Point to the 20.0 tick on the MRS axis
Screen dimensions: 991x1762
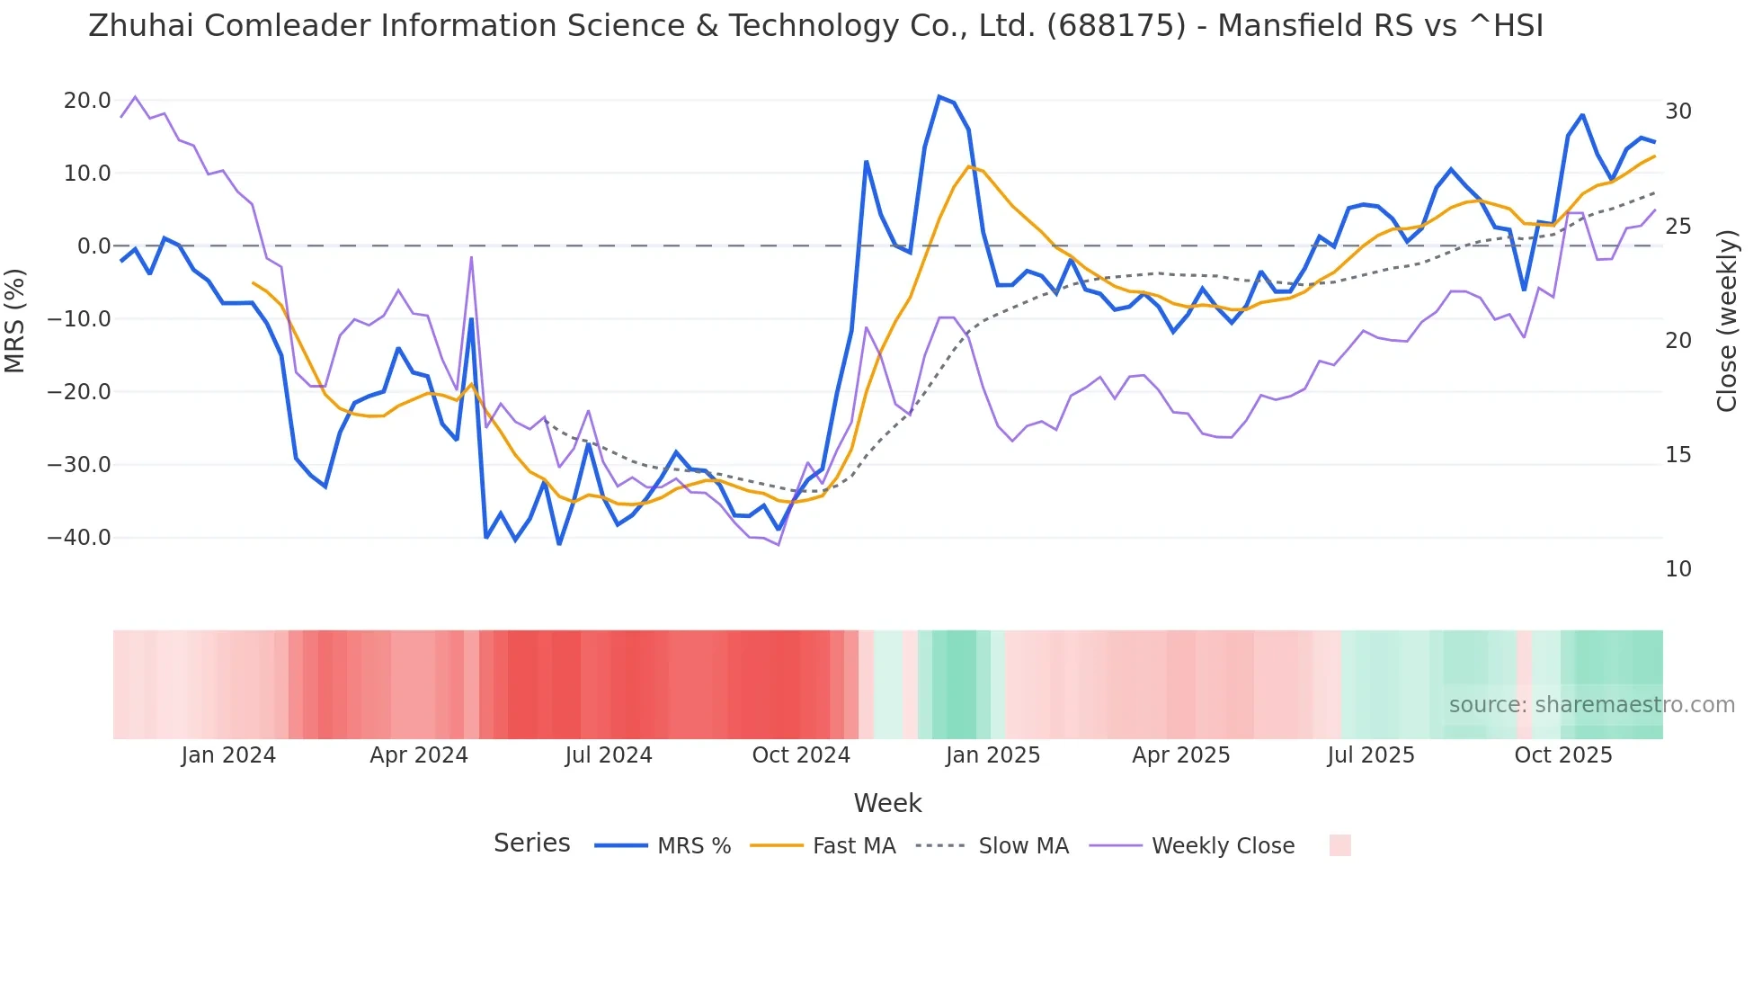(87, 101)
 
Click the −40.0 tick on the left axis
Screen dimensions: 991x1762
(79, 538)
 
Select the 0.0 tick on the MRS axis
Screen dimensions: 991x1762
(93, 246)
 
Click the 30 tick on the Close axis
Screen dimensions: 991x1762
(1677, 112)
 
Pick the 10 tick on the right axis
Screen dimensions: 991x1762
(1677, 569)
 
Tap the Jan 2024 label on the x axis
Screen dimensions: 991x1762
(228, 755)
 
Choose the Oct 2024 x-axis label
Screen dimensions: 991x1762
(801, 755)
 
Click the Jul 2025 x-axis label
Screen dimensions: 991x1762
(1371, 755)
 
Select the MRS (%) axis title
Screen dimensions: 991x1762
(15, 320)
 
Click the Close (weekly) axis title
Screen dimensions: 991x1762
(1727, 321)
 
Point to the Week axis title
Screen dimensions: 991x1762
(887, 803)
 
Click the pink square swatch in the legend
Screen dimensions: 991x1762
(1339, 845)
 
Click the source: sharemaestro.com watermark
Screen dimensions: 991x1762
(1591, 705)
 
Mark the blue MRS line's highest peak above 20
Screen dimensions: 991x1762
(939, 96)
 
